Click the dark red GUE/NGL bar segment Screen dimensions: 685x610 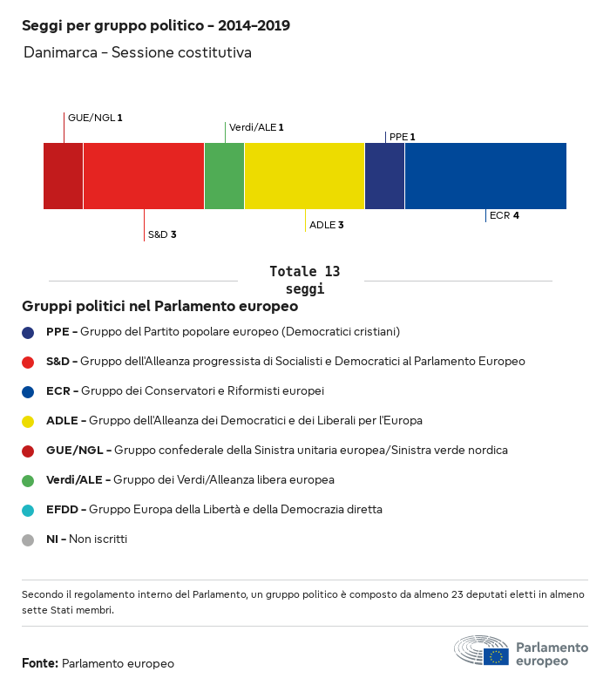[x=63, y=176]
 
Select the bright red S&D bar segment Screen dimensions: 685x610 [x=144, y=176]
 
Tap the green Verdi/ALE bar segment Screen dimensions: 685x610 [x=224, y=176]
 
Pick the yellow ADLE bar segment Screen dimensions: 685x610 [x=304, y=176]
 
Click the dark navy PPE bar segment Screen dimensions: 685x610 [x=384, y=176]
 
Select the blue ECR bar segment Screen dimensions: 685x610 [x=485, y=176]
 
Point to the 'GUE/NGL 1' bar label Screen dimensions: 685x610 [x=95, y=117]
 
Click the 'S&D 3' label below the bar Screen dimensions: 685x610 [x=162, y=234]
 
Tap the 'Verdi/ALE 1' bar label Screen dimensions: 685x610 [x=256, y=127]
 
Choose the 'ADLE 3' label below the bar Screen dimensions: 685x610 [x=327, y=225]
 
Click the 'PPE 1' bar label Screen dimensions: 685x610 [x=402, y=137]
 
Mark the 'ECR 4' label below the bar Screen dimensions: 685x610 [x=505, y=215]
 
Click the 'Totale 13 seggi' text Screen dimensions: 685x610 [x=304, y=280]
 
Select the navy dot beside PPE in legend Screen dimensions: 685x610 [x=28, y=332]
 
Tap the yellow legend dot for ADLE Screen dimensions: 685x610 [x=28, y=421]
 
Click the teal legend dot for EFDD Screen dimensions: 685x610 [x=28, y=510]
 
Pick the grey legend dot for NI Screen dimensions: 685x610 [x=28, y=539]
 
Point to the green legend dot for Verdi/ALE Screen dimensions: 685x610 [x=28, y=480]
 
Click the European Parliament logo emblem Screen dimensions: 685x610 [x=481, y=651]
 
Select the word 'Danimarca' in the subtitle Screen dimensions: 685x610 [x=59, y=53]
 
